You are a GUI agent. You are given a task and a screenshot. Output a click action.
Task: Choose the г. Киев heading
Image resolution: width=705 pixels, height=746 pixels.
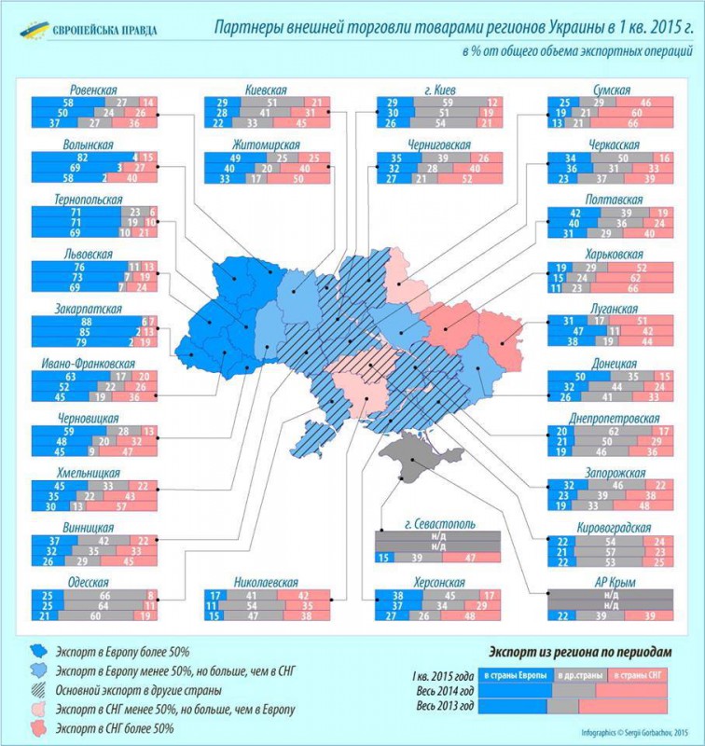(x=438, y=89)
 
